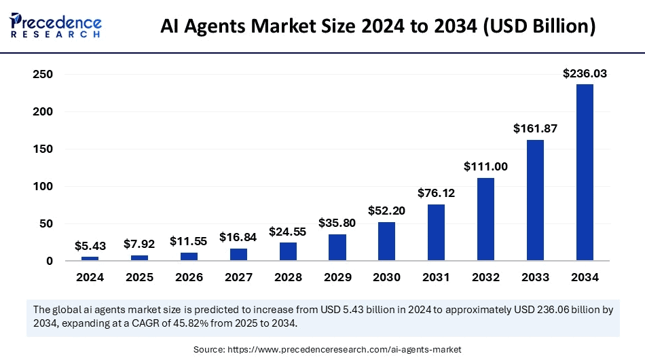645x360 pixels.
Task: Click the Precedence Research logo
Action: click(56, 26)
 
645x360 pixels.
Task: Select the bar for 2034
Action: click(585, 172)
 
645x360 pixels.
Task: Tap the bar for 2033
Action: click(535, 200)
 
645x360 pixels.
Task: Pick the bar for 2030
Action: click(386, 241)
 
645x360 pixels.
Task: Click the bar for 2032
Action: click(485, 219)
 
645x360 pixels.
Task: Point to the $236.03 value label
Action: click(585, 73)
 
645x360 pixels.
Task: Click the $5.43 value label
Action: click(90, 246)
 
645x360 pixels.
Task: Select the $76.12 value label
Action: click(436, 193)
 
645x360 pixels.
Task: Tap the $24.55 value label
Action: click(288, 231)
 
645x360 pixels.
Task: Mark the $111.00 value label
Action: click(485, 166)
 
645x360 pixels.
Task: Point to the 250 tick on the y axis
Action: click(43, 74)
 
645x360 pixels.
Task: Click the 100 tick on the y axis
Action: click(43, 186)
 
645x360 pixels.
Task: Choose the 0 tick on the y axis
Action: click(50, 261)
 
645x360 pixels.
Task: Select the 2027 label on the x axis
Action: click(238, 277)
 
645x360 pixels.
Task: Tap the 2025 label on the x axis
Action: click(139, 277)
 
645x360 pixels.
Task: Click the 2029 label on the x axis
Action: click(337, 277)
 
